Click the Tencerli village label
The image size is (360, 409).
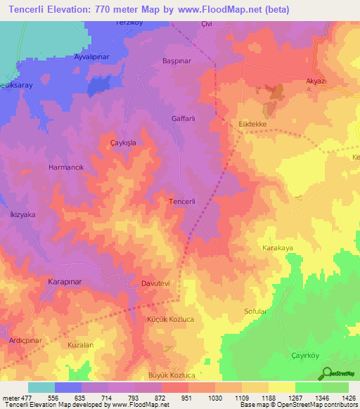187,201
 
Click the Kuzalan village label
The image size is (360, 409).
80,345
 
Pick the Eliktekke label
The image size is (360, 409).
254,124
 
